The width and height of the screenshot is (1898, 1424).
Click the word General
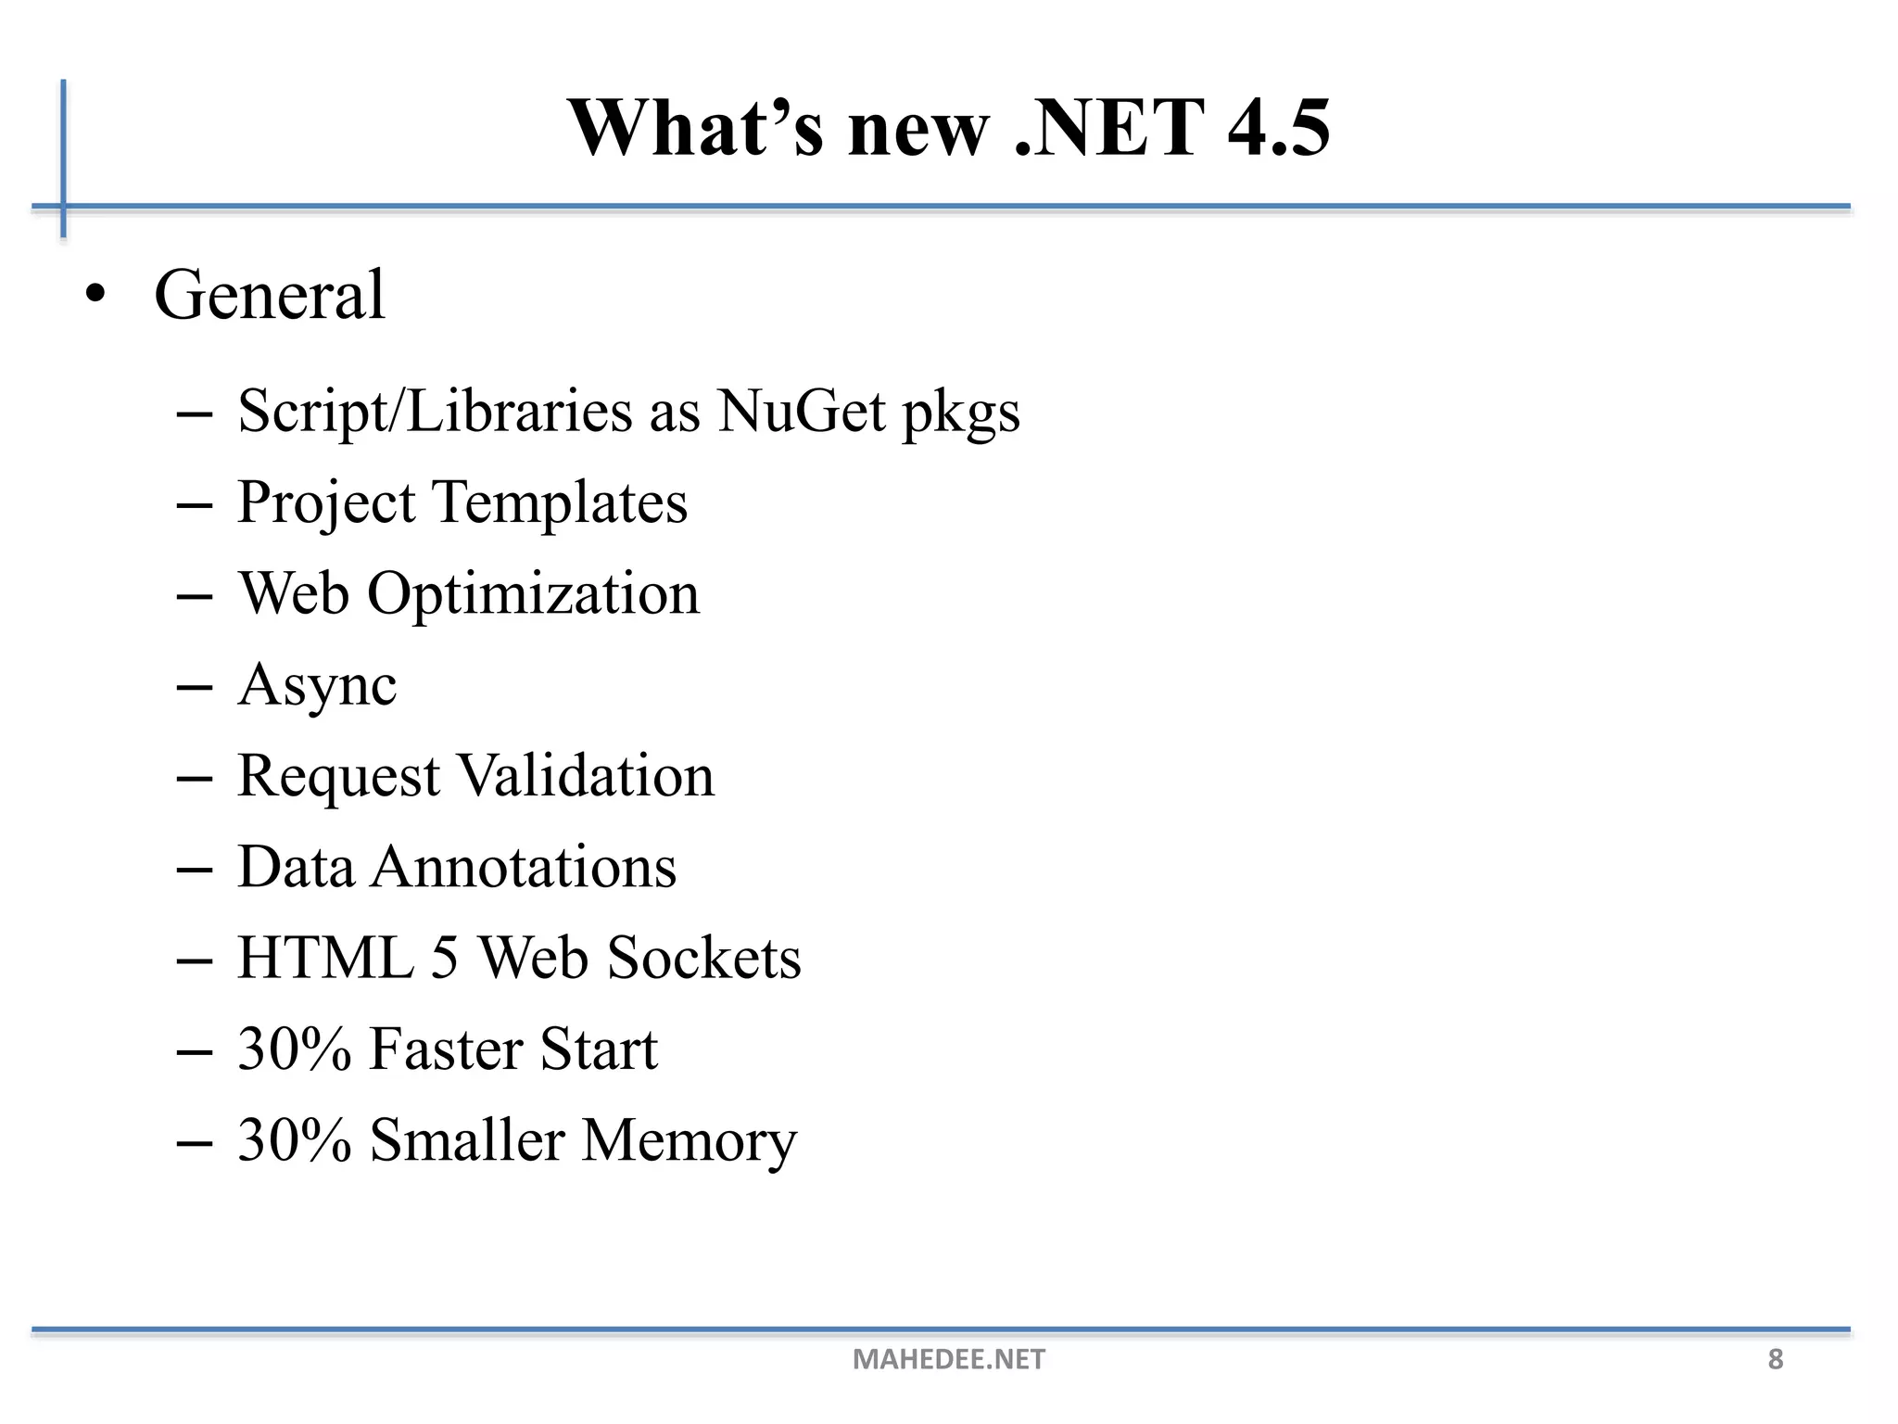pos(269,295)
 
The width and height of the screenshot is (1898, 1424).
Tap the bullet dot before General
pos(95,296)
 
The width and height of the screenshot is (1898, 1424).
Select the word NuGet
pos(801,410)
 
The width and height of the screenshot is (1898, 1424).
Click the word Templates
pos(561,502)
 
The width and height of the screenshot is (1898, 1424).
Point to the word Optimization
pos(533,594)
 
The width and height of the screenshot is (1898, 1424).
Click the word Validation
pos(587,775)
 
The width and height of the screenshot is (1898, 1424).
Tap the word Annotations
pos(524,867)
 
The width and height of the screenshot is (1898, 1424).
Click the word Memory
pos(689,1140)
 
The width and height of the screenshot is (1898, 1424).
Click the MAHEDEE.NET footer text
pos(948,1359)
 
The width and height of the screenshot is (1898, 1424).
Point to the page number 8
pos(1775,1359)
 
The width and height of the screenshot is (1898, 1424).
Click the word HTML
pos(325,958)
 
